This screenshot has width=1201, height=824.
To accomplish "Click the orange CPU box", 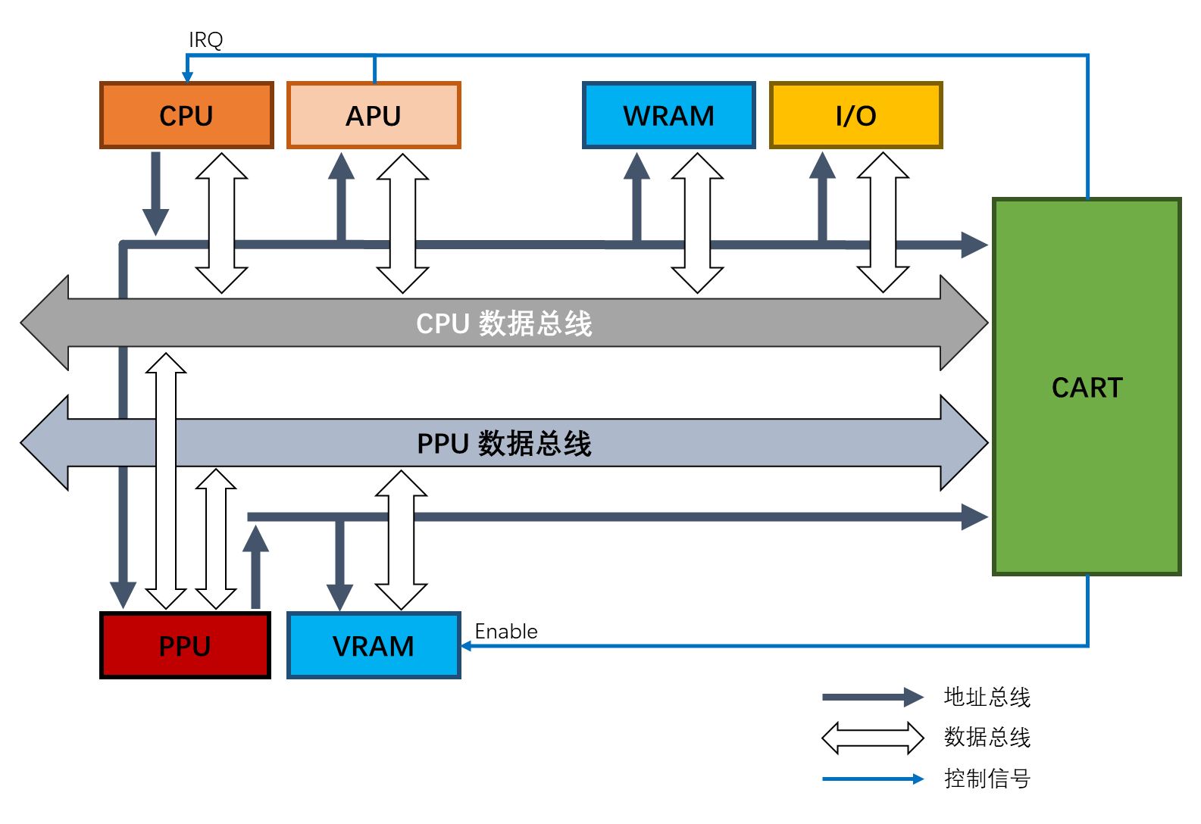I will (186, 115).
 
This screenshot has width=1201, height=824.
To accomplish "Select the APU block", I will (374, 115).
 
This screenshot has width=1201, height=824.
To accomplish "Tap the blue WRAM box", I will (668, 115).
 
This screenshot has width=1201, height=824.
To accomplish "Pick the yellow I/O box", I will (855, 115).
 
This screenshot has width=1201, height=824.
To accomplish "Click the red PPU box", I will (185, 645).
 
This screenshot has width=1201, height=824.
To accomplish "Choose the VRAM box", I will (374, 645).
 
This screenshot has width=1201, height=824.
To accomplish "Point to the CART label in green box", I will (1087, 387).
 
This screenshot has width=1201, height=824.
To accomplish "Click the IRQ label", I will (205, 39).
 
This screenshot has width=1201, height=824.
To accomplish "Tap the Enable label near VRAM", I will (505, 631).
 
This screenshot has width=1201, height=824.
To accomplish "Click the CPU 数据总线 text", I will (504, 323).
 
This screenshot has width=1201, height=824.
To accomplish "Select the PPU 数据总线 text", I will (504, 443).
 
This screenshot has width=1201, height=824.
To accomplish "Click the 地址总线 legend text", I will (987, 697).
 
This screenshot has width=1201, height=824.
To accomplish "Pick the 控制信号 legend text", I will (987, 778).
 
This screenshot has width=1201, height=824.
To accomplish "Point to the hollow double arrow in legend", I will (872, 738).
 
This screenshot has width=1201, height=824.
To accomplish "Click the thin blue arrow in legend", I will (872, 779).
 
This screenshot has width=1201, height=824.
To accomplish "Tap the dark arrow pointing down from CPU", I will (155, 193).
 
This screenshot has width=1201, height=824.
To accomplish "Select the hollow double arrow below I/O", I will (883, 222).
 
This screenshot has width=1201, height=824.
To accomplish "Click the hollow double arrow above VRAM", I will (402, 539).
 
